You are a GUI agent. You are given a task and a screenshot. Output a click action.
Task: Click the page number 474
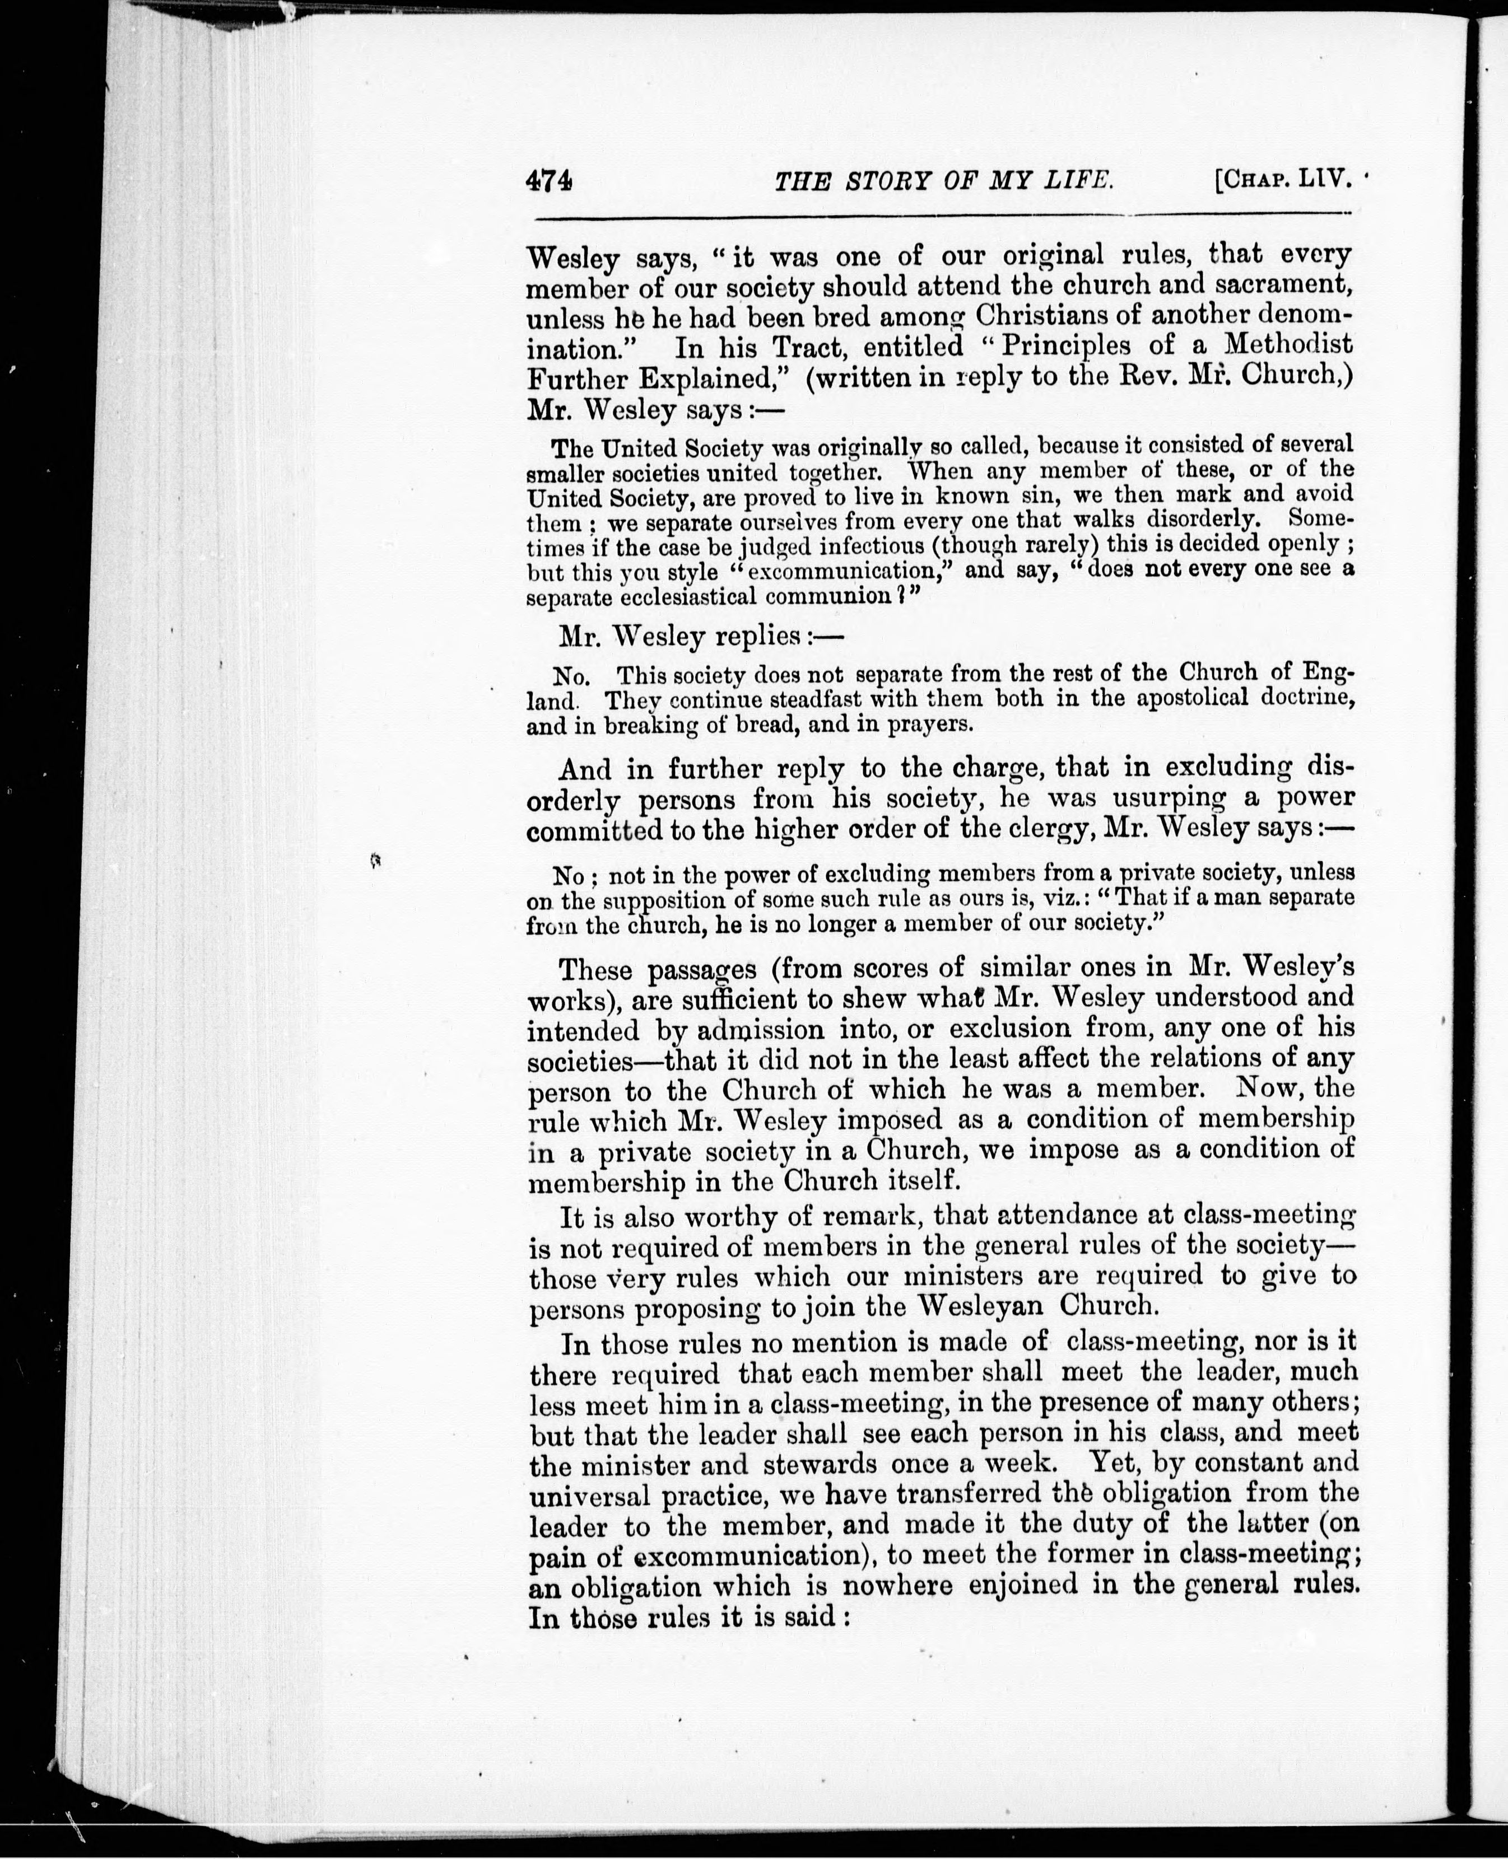point(549,181)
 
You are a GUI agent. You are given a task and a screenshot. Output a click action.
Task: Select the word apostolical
point(1175,698)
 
